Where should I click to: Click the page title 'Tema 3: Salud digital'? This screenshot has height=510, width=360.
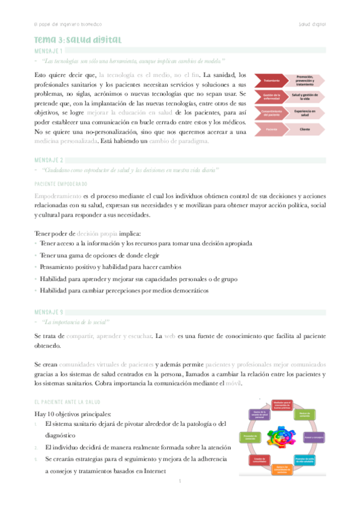click(78, 40)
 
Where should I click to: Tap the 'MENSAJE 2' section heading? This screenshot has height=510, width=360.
click(49, 161)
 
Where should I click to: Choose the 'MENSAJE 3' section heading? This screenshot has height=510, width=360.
click(49, 312)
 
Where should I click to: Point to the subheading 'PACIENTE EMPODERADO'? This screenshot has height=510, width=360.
click(61, 183)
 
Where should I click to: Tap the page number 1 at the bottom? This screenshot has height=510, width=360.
click(180, 482)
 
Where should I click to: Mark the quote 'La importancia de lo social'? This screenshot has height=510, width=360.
click(83, 323)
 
